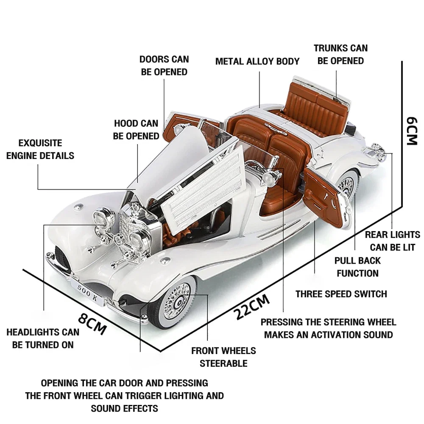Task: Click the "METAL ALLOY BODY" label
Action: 257,61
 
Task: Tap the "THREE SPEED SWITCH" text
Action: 341,294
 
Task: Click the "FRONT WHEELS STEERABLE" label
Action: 223,357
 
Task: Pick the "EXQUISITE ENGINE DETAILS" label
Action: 40,149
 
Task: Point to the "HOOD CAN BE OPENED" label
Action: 136,130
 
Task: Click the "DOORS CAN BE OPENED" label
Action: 164,66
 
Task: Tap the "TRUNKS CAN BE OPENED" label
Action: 340,54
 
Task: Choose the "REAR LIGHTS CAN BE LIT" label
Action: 392,240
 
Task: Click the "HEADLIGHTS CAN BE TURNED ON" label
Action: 43,338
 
